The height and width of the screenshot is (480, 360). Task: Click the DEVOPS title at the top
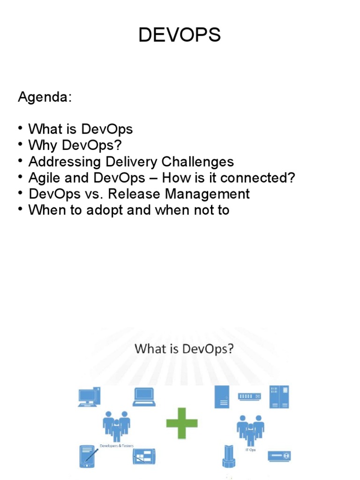[180, 36]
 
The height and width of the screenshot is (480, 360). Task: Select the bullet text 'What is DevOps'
[81, 129]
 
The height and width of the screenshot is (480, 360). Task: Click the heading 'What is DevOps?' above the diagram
[184, 349]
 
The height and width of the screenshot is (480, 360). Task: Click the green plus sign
[182, 423]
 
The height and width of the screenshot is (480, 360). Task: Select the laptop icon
[144, 397]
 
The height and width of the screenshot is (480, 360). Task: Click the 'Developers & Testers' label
[116, 445]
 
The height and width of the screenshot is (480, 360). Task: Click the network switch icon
[249, 396]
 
